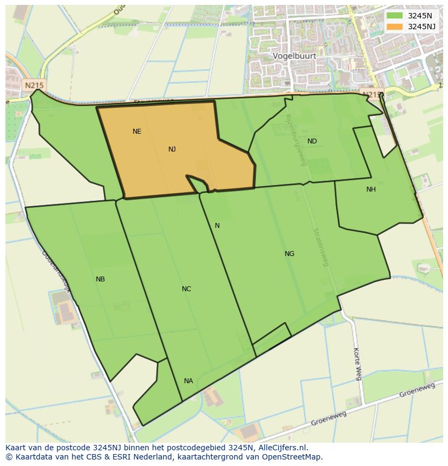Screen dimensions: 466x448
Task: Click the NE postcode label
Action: tap(137, 132)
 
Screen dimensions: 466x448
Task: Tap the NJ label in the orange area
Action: tap(172, 149)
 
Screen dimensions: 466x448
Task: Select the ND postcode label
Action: tap(312, 141)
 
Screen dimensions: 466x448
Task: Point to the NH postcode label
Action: tap(371, 189)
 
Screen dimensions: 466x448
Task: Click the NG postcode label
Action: tap(289, 254)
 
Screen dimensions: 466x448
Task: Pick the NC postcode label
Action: tap(187, 289)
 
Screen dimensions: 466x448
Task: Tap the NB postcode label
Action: tap(100, 279)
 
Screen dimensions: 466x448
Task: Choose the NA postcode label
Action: tap(188, 381)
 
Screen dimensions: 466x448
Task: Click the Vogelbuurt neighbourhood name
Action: tap(294, 56)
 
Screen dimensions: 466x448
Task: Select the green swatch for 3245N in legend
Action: tap(395, 16)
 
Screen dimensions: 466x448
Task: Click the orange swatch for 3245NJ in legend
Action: tap(395, 27)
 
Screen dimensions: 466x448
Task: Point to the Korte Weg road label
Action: tap(357, 364)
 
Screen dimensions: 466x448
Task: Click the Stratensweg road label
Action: tap(321, 247)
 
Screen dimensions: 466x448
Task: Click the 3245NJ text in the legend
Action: tap(423, 27)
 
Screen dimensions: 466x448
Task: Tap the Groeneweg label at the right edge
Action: tap(417, 390)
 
